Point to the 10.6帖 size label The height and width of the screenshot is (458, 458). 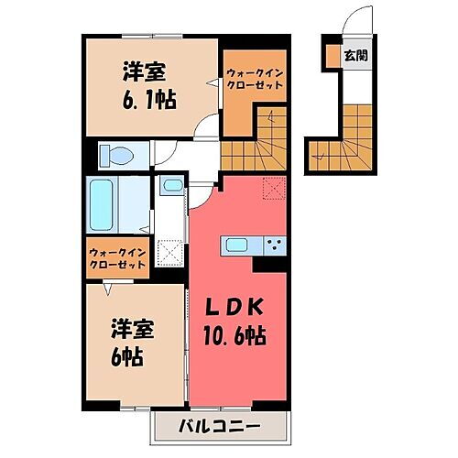(234, 336)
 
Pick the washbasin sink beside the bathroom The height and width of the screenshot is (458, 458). (170, 187)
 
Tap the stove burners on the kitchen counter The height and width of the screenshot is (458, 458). (272, 245)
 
